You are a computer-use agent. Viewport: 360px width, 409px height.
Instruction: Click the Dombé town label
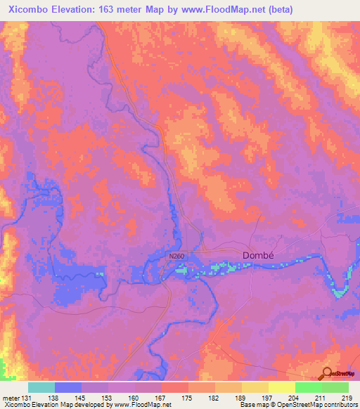click(241, 255)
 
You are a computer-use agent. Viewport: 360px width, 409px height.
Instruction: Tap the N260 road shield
click(176, 257)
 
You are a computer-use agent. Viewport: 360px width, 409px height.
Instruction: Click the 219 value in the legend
click(345, 398)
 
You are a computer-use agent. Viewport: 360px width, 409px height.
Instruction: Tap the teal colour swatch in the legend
click(41, 387)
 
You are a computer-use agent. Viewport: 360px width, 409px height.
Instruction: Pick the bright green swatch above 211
click(308, 387)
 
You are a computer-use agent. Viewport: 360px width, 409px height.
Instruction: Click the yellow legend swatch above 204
click(281, 387)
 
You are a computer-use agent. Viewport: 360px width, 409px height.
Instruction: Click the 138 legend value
click(52, 398)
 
